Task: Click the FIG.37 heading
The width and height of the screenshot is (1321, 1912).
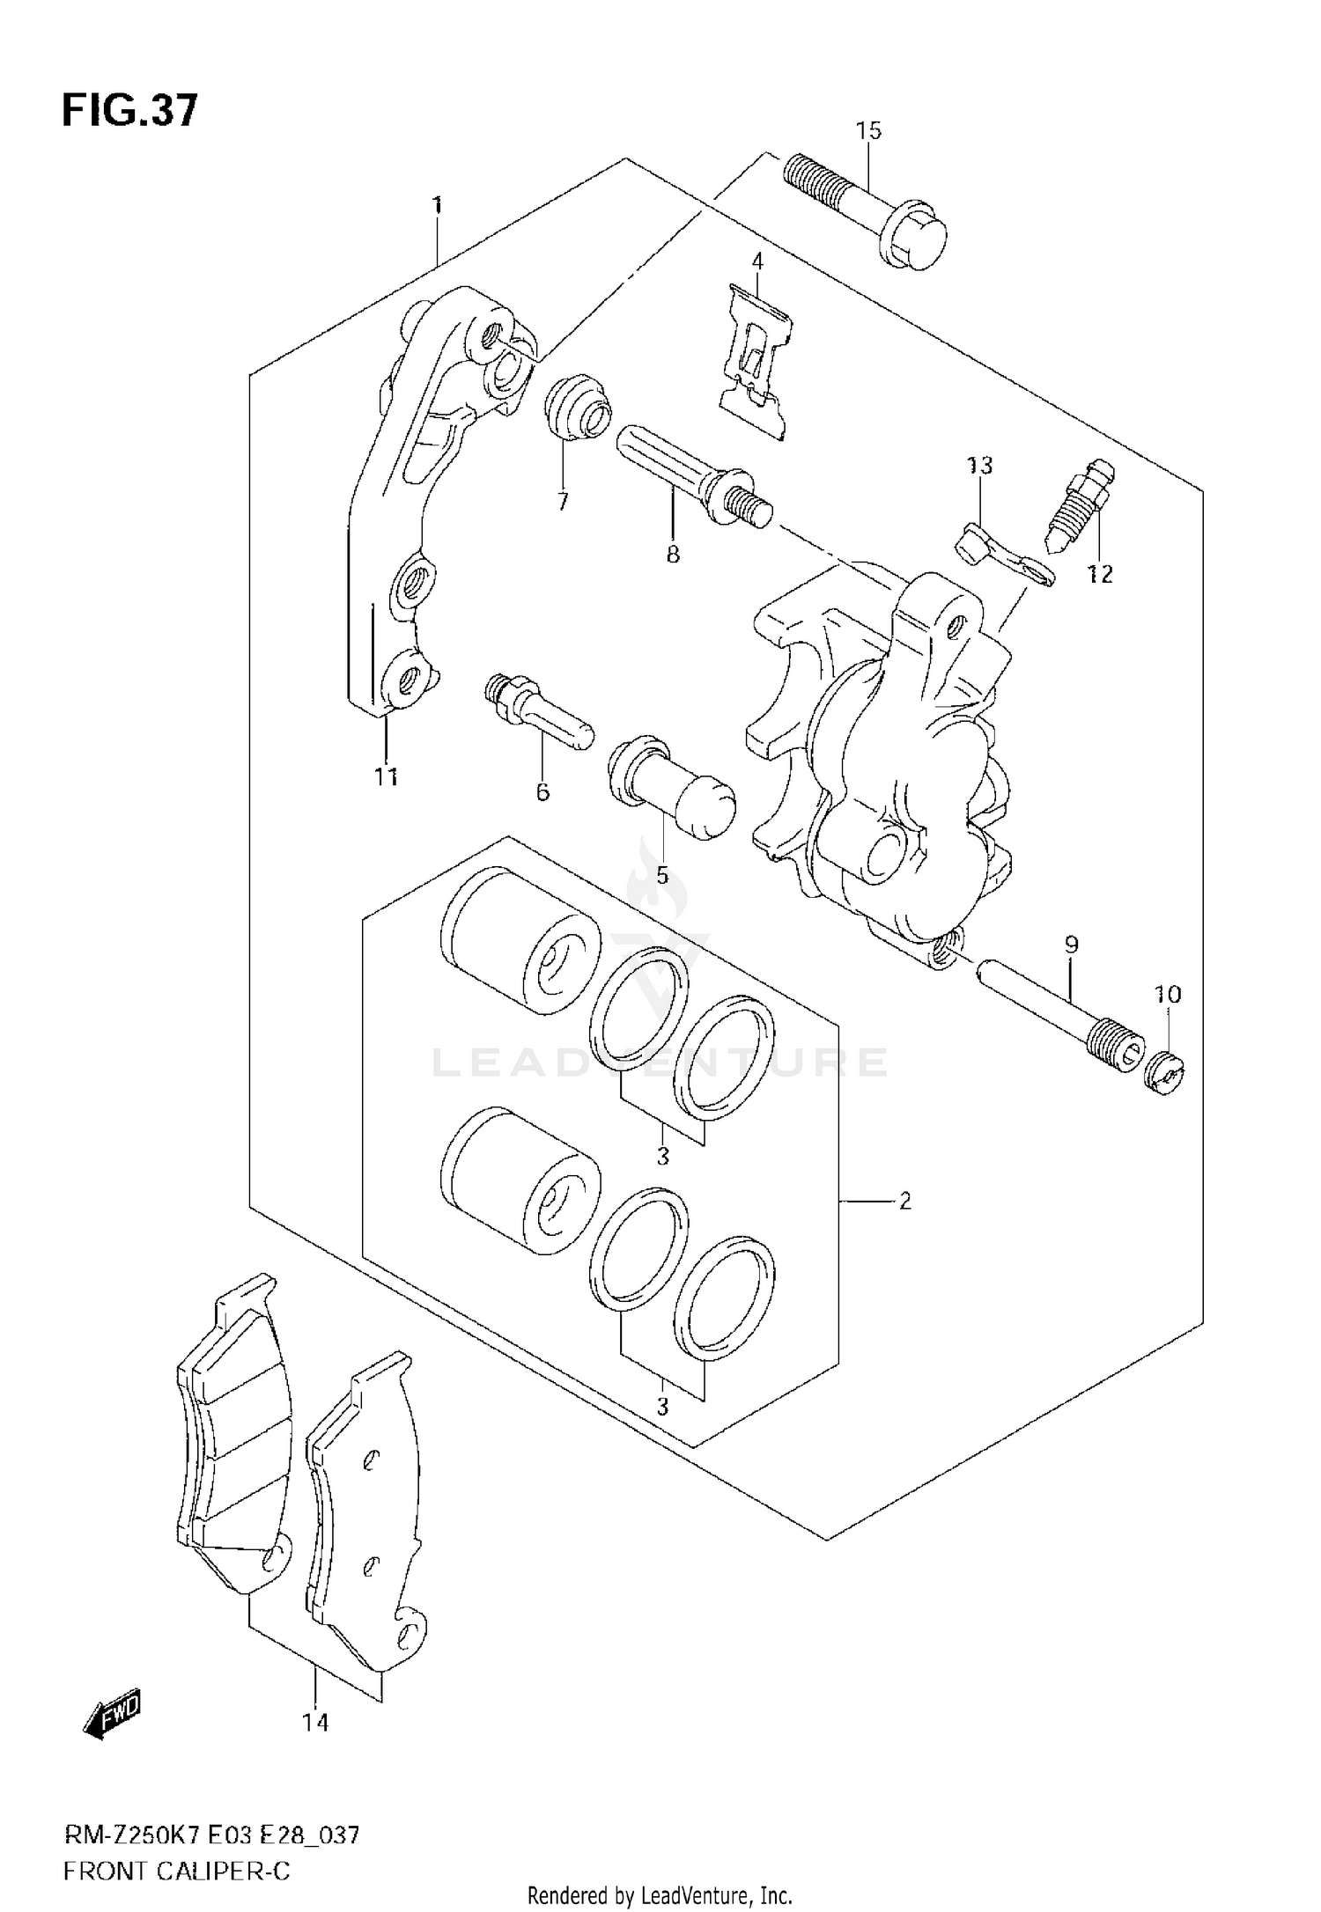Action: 130,112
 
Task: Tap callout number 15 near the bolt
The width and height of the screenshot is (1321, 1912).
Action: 867,131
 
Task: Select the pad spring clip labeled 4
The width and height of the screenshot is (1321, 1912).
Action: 755,361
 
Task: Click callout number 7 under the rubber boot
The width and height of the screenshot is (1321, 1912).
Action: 563,502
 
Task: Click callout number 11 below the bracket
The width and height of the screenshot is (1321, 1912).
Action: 386,776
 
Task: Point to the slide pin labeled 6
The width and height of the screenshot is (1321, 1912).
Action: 539,710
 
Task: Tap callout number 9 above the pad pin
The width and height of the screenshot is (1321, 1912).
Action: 1071,945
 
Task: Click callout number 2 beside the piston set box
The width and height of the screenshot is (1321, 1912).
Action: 905,1201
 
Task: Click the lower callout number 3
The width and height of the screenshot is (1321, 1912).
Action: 662,1407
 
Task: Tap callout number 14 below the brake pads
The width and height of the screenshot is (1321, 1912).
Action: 315,1722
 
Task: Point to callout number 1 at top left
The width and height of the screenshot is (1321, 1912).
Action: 437,206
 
